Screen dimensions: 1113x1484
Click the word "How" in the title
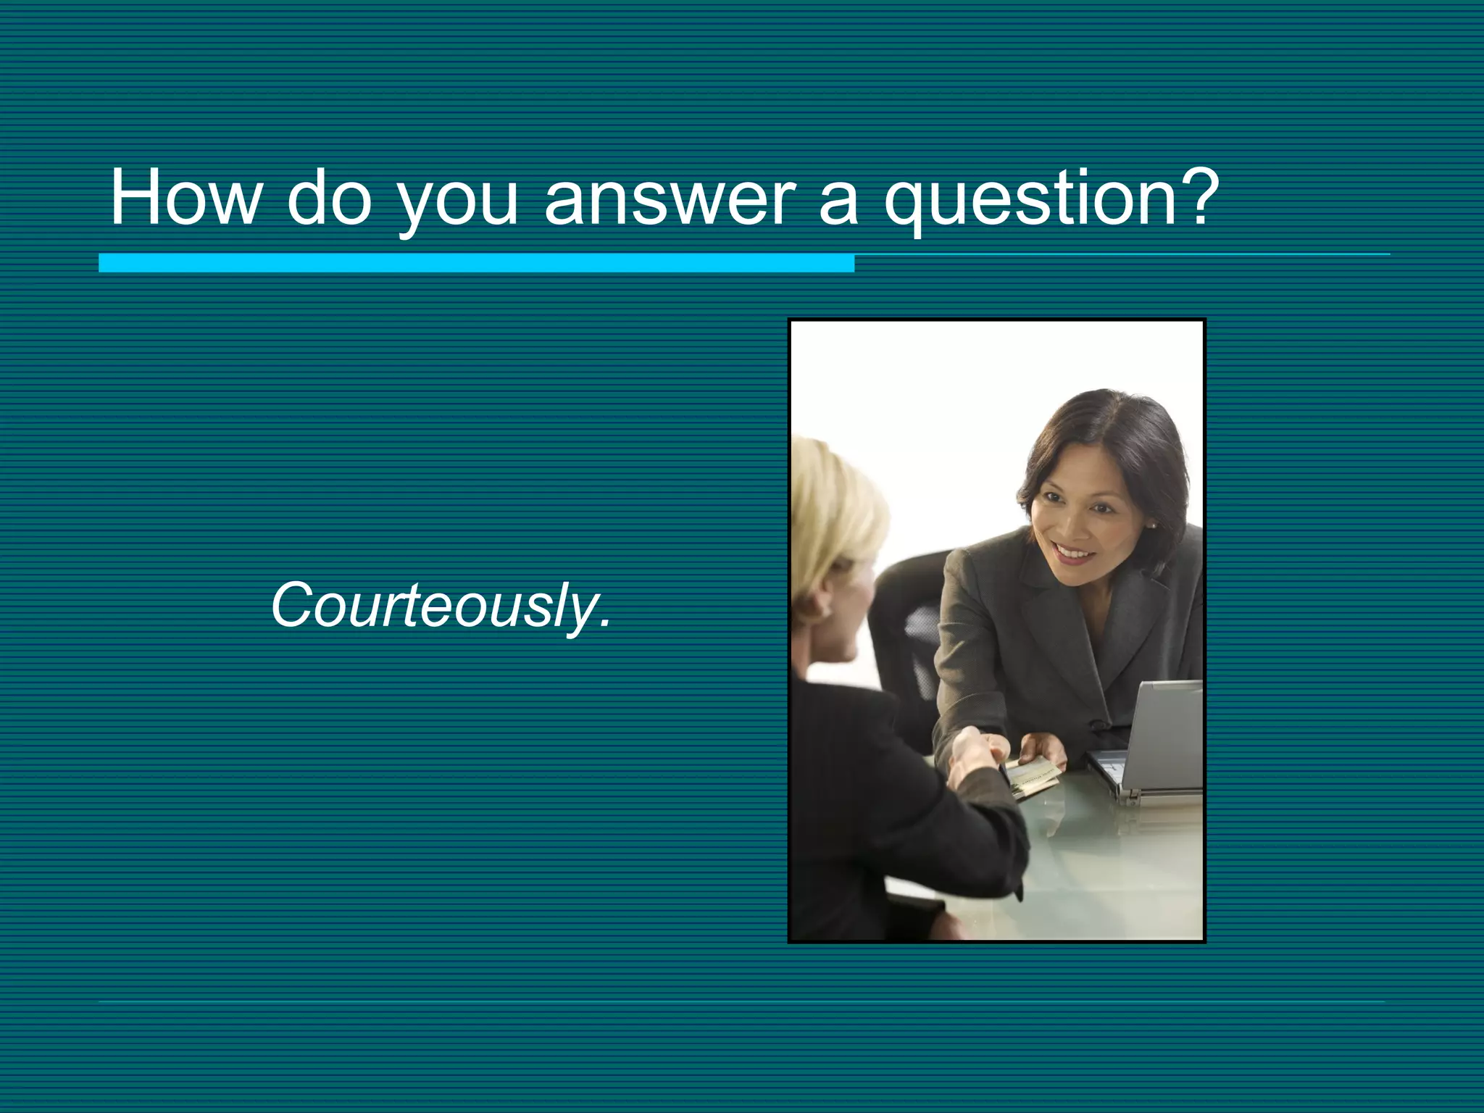coord(185,197)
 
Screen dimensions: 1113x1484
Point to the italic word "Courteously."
coord(441,606)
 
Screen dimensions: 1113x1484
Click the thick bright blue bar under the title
coord(476,263)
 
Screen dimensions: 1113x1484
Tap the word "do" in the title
coord(329,197)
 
